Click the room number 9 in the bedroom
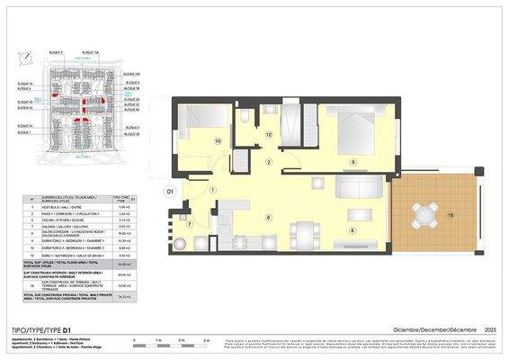tap(353, 162)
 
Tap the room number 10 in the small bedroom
tap(217, 141)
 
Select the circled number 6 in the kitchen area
tap(268, 217)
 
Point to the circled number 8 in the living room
tap(353, 230)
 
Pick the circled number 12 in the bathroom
tap(269, 134)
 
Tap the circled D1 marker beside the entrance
tap(169, 191)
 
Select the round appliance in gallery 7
tap(179, 242)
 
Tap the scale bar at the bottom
tap(172, 340)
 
